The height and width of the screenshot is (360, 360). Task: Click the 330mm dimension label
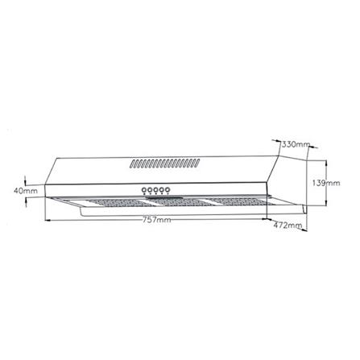[x=296, y=144]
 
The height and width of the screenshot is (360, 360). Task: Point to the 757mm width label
[x=156, y=220]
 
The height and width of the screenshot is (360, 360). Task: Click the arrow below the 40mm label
[x=27, y=203]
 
